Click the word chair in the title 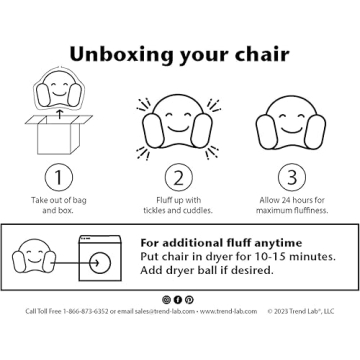[x=259, y=51]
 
